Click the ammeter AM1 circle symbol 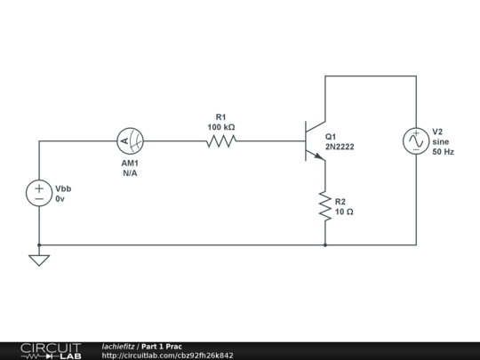coord(132,140)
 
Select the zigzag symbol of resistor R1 coord(221,140)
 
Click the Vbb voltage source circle coord(39,194)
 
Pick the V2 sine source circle coord(415,140)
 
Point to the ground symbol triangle coord(39,260)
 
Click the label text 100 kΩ coord(221,127)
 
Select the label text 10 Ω coord(344,212)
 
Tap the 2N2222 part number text coord(340,147)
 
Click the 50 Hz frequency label coord(443,152)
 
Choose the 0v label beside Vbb coord(60,200)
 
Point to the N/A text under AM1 coord(131,173)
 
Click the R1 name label coord(221,116)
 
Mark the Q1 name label coord(331,136)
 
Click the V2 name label coord(437,131)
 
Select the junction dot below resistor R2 coord(325,244)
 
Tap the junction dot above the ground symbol coord(39,244)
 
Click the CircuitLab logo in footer coord(50,350)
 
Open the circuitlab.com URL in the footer coord(167,356)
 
